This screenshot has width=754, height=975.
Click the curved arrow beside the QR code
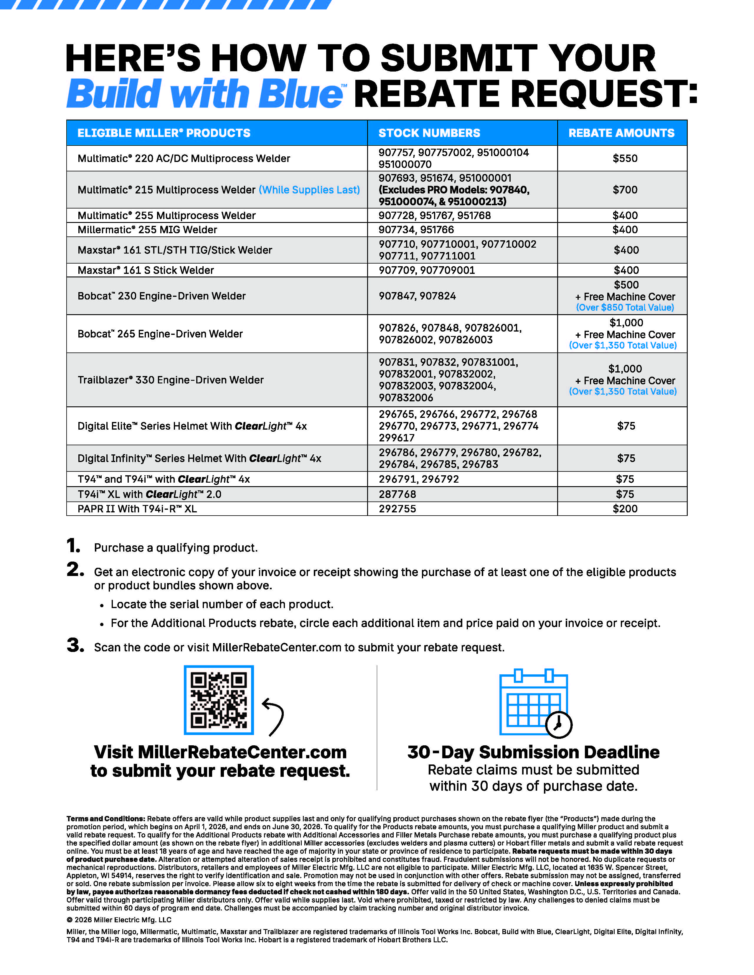tap(273, 716)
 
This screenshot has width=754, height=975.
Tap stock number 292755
tap(397, 509)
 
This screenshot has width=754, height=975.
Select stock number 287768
tap(397, 494)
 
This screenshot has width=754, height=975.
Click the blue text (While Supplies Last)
tap(309, 190)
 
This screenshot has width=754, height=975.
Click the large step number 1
tap(73, 546)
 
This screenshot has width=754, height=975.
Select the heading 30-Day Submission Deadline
tap(533, 752)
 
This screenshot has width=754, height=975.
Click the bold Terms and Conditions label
tap(106, 819)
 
